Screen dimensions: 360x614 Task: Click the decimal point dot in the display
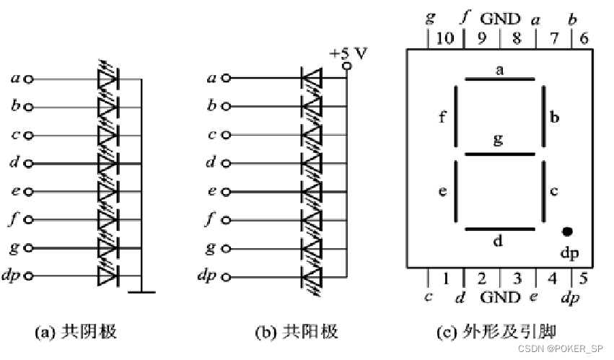click(x=567, y=232)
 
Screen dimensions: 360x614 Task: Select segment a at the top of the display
click(x=499, y=79)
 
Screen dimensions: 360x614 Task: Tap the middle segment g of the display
click(x=499, y=154)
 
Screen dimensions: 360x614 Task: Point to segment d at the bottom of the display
click(x=499, y=229)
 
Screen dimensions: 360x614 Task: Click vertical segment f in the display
click(x=456, y=116)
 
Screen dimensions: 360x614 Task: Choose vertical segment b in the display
click(x=543, y=116)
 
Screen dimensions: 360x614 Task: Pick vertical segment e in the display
click(x=456, y=192)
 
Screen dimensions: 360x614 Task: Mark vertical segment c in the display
click(x=543, y=192)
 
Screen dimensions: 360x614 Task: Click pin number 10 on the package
click(x=445, y=38)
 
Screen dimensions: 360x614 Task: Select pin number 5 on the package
click(x=582, y=276)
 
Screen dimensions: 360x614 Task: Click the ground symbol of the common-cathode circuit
click(x=141, y=291)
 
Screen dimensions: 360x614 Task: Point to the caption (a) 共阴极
click(x=76, y=333)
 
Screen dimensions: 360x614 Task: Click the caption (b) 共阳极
click(x=297, y=333)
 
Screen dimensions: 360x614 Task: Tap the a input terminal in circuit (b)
click(x=226, y=79)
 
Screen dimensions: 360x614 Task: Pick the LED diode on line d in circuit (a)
click(x=108, y=163)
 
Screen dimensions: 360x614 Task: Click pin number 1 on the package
click(x=446, y=276)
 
